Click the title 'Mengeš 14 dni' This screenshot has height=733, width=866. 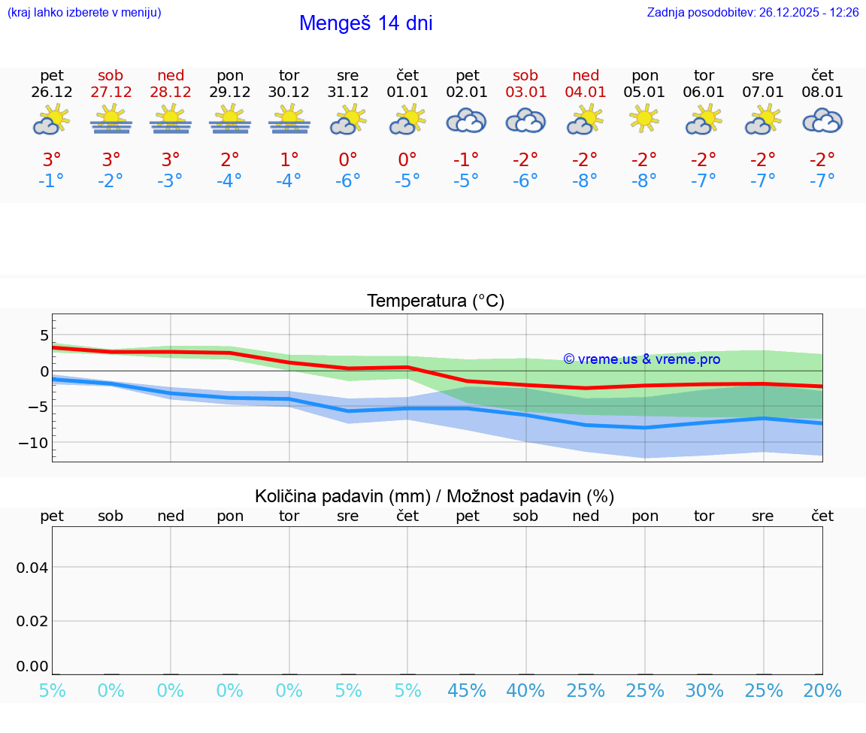pyautogui.click(x=365, y=23)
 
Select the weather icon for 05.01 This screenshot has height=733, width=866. pyautogui.click(x=644, y=119)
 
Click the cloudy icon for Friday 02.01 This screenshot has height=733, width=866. pyautogui.click(x=467, y=120)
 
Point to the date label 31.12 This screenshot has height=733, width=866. pyautogui.click(x=347, y=92)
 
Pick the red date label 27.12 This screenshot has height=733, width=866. pyautogui.click(x=111, y=92)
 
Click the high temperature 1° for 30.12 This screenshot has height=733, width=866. pyautogui.click(x=289, y=160)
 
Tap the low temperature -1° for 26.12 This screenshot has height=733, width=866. pyautogui.click(x=52, y=181)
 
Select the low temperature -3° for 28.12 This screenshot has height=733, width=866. pyautogui.click(x=171, y=181)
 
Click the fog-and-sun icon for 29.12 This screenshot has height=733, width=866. pyautogui.click(x=230, y=119)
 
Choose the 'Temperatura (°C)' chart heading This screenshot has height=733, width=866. pyautogui.click(x=435, y=301)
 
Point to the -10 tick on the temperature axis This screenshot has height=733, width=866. pyautogui.click(x=32, y=443)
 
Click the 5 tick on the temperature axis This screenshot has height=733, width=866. pyautogui.click(x=44, y=335)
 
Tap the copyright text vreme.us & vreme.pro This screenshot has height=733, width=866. pyautogui.click(x=641, y=359)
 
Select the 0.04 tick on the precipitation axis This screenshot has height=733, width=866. pyautogui.click(x=32, y=568)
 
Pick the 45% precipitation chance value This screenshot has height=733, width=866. pyautogui.click(x=467, y=691)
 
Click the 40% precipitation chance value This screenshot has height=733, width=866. pyautogui.click(x=525, y=691)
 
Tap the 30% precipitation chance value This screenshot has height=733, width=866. pyautogui.click(x=704, y=691)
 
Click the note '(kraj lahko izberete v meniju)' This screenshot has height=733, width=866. pyautogui.click(x=84, y=12)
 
